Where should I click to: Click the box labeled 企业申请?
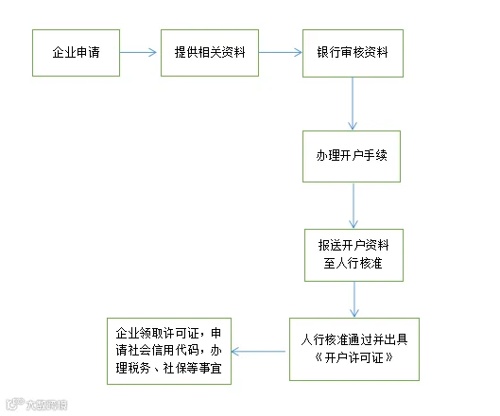76,53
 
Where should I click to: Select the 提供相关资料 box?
210,53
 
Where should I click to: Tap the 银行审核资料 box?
353,53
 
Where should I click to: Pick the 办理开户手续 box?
352,156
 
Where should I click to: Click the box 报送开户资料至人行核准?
353,255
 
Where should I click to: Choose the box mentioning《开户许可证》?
354,349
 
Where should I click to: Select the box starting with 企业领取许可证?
169,351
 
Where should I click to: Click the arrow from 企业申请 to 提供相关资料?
138,52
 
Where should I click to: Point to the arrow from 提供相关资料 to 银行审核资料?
281,52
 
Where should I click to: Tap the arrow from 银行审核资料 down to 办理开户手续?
353,104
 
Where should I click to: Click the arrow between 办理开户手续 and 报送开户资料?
353,205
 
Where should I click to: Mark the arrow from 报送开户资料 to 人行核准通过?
354,300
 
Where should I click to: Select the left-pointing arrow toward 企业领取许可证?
258,352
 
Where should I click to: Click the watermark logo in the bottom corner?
37,405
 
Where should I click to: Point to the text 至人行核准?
353,263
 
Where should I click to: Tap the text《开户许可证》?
353,357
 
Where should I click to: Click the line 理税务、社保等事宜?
168,368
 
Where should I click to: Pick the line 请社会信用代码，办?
168,350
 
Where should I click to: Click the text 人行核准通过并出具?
354,339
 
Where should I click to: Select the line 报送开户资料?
353,245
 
